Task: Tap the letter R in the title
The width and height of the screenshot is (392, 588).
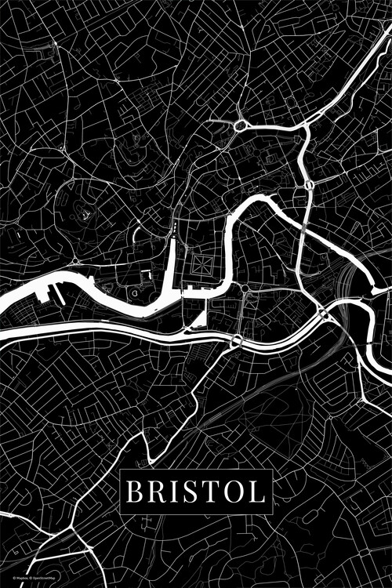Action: pos(155,492)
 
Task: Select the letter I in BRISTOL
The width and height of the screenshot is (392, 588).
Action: pos(173,492)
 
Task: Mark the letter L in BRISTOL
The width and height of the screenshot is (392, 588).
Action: pos(256,492)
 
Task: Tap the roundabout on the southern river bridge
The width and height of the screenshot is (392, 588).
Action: pos(236,339)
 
